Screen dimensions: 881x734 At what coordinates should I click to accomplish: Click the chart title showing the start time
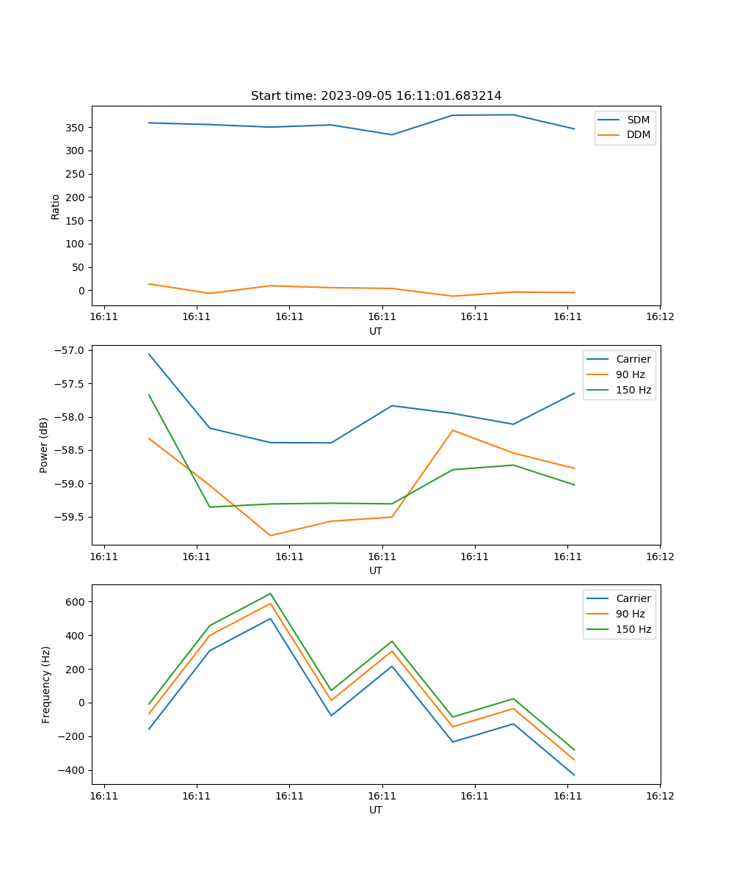point(376,96)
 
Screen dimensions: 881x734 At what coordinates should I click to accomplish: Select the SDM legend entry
point(638,120)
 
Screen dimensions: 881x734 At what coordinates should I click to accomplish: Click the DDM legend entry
point(638,135)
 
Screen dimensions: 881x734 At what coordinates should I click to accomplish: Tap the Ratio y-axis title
point(56,206)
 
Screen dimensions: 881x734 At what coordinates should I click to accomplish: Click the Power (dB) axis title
point(44,445)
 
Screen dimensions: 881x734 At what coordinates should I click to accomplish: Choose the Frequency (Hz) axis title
point(46,684)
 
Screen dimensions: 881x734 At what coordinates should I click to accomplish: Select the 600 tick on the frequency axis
point(76,602)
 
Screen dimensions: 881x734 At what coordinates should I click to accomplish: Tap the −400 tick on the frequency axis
point(72,770)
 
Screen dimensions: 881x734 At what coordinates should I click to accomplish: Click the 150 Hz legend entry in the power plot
point(633,391)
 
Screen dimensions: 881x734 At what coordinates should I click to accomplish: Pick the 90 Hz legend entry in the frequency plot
point(631,614)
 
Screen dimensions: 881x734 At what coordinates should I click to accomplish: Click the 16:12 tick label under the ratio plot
point(660,317)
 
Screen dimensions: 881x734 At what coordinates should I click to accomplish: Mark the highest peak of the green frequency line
point(270,594)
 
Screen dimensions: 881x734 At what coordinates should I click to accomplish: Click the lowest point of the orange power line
point(270,535)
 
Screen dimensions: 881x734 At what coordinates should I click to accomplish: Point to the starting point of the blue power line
point(149,354)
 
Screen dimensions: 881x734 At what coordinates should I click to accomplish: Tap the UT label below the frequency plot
point(376,810)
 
